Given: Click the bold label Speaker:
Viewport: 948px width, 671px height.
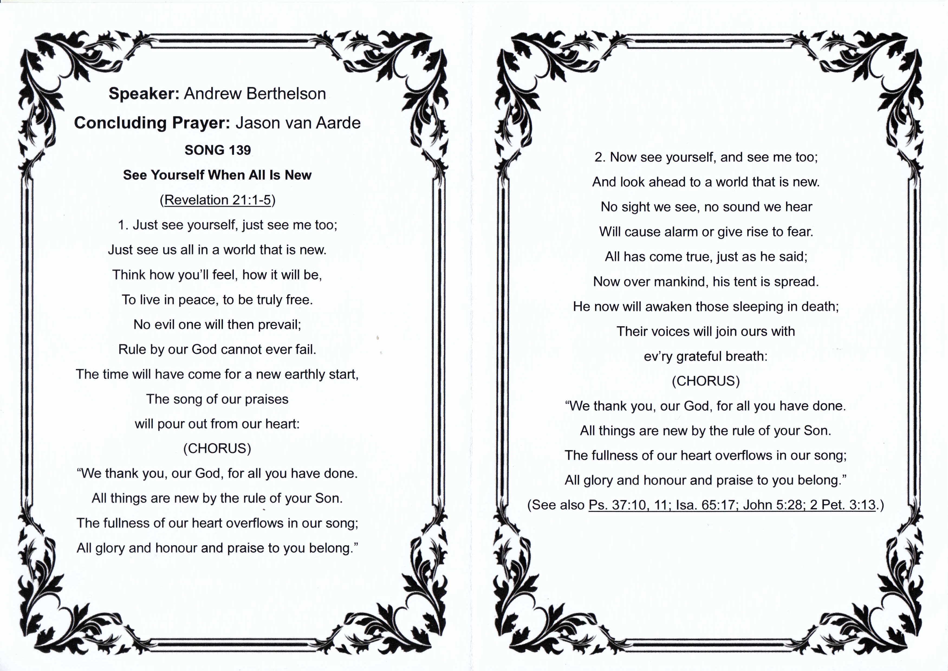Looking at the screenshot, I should [143, 94].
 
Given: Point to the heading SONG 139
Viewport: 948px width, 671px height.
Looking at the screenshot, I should [218, 150].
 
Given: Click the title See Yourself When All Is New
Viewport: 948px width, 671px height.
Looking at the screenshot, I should [217, 175].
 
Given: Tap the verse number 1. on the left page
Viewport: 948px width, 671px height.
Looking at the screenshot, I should [123, 225].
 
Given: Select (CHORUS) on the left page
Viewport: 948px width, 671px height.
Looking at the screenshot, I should [217, 449].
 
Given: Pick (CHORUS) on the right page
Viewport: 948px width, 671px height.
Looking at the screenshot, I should [706, 381].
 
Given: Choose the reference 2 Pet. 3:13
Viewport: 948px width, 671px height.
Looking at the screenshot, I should [843, 505].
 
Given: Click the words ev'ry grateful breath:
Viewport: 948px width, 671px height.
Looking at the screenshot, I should [706, 356].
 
